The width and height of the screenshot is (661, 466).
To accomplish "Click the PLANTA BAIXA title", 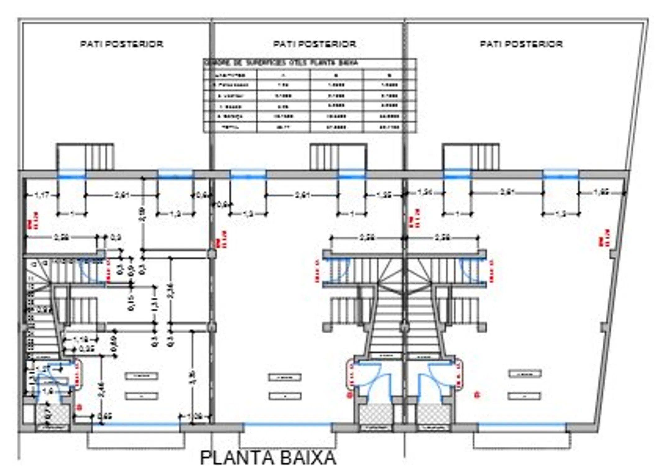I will (268, 457).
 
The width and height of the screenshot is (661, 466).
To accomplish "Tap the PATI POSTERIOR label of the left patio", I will (122, 44).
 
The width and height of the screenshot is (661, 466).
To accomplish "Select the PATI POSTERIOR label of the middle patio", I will (314, 44).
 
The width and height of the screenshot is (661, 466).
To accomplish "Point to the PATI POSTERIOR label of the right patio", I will (521, 44).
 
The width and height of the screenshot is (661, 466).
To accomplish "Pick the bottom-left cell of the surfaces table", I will (230, 127).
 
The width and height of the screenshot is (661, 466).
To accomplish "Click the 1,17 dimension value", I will (42, 195).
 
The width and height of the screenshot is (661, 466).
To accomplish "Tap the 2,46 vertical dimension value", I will (101, 390).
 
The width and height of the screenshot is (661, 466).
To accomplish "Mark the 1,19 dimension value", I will (81, 340).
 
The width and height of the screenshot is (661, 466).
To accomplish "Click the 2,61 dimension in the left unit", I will (122, 195).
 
